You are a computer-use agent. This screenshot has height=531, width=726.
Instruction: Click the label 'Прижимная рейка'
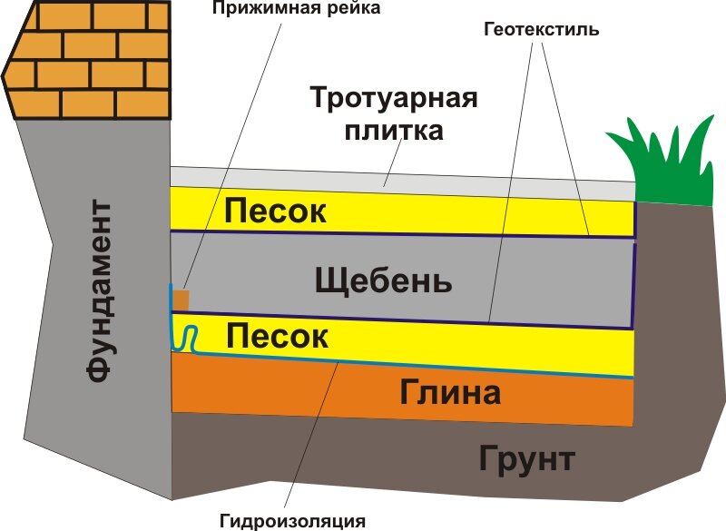295,9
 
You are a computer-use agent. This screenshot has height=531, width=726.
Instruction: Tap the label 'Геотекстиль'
541,29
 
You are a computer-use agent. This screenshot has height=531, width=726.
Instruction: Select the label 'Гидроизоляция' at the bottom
292,521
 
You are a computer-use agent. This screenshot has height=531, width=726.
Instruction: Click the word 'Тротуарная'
393,98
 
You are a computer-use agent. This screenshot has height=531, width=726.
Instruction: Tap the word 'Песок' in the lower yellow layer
277,337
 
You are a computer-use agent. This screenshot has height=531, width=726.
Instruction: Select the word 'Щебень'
383,280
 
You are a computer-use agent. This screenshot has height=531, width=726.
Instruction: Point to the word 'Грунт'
526,458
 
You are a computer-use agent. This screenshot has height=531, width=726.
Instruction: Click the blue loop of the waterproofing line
185,338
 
